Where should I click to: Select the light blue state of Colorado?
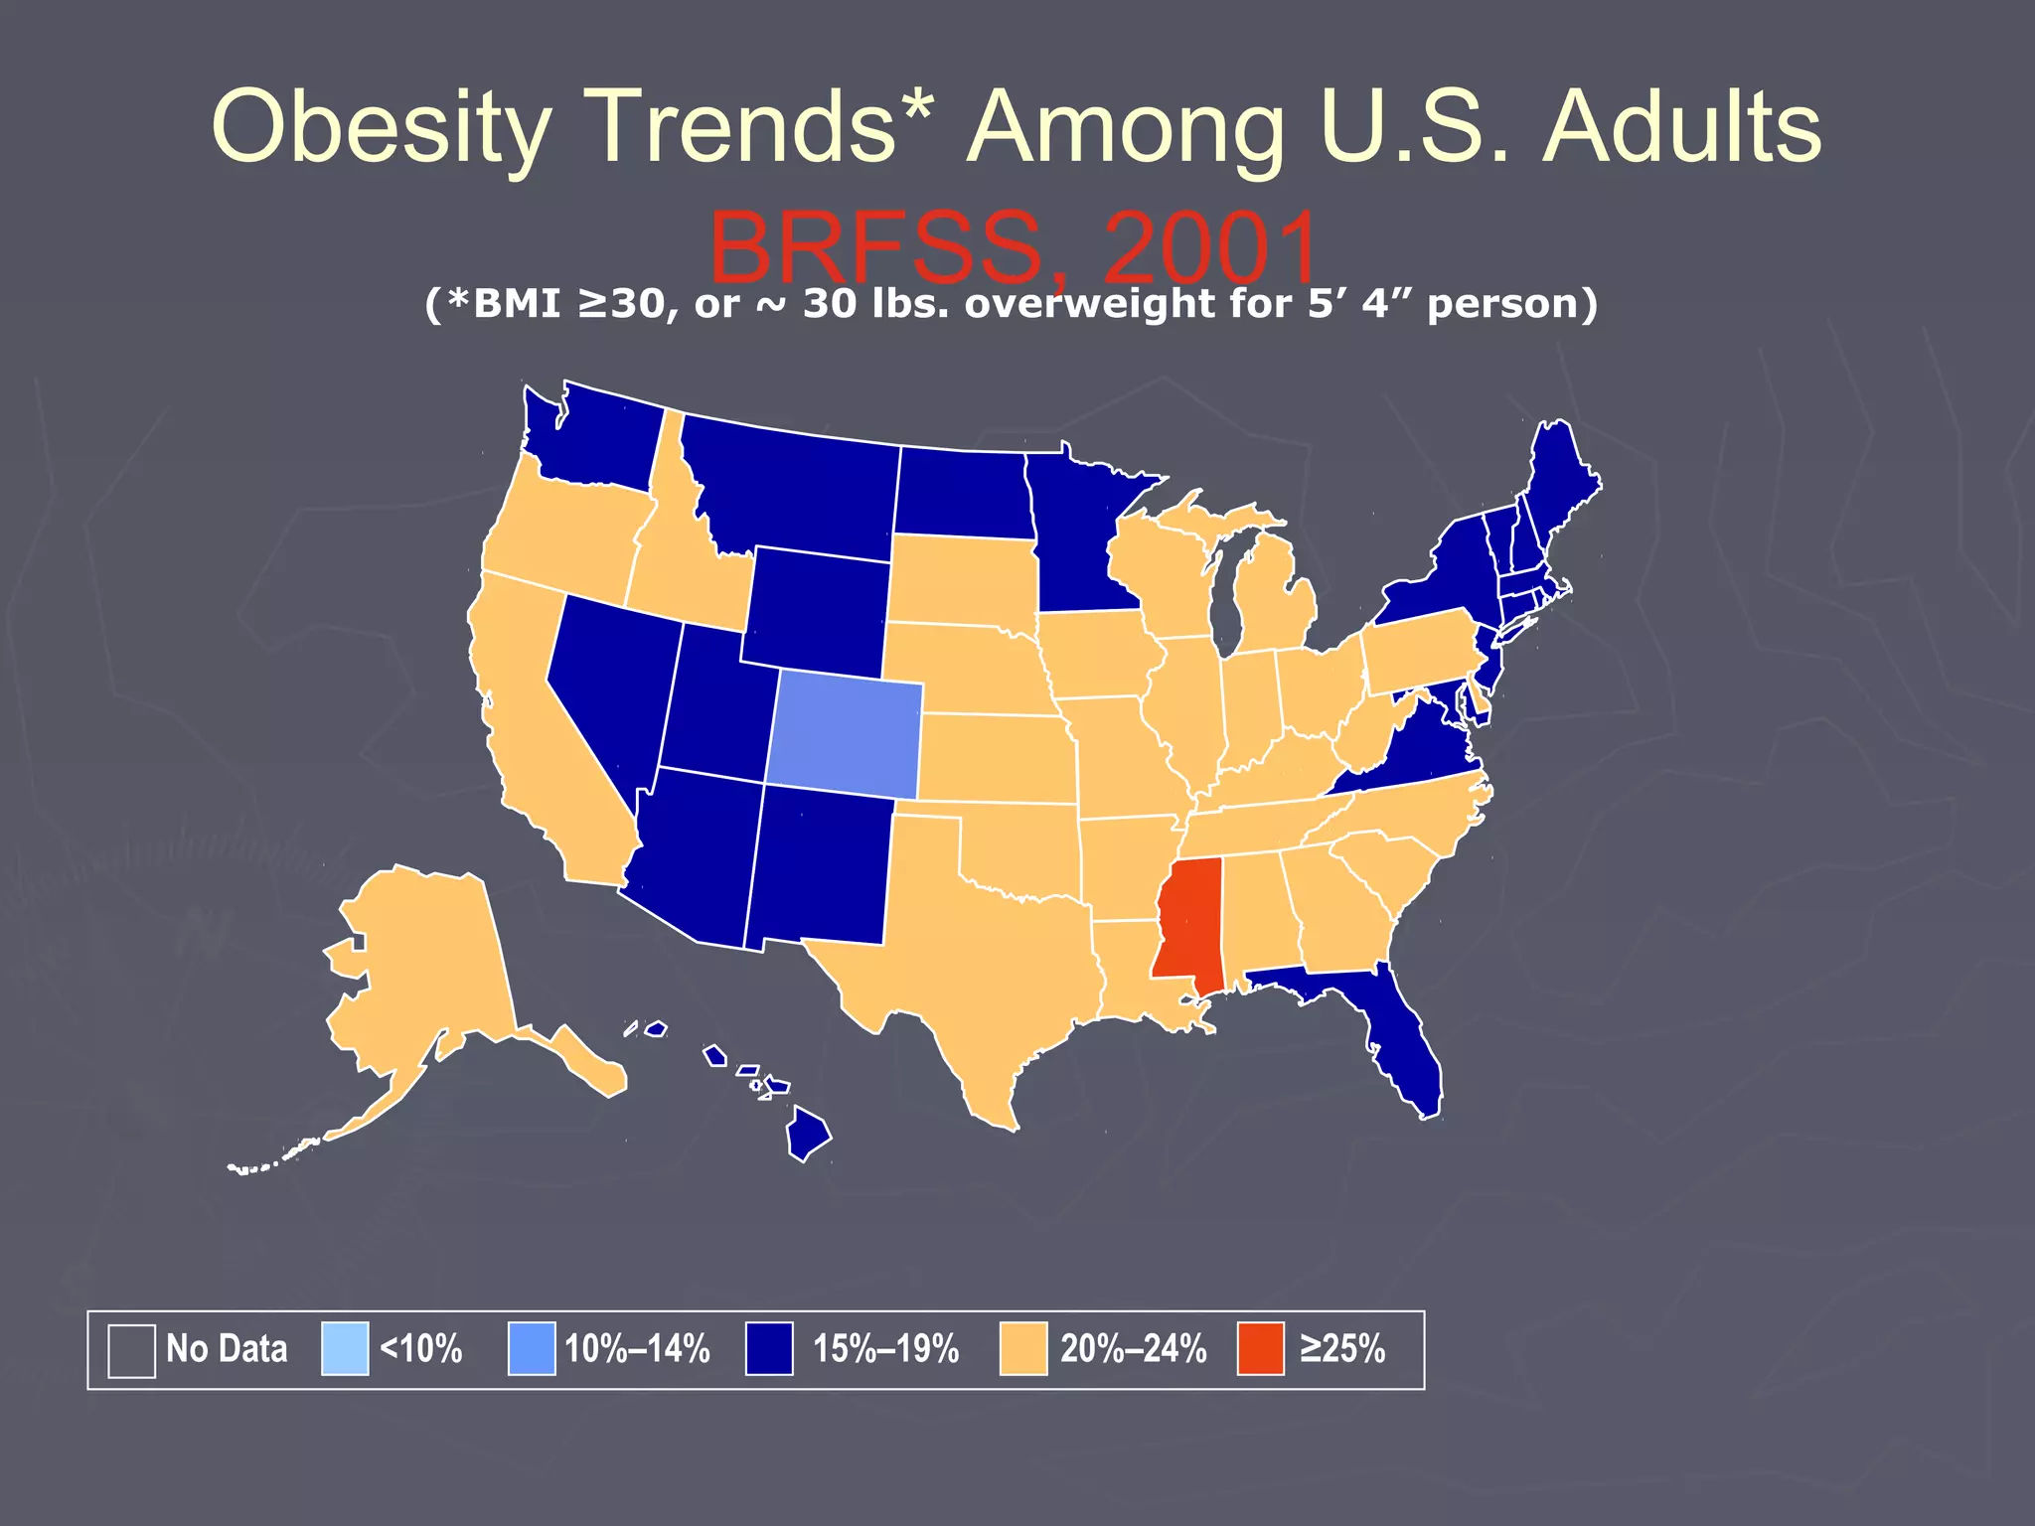point(845,735)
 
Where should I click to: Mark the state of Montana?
point(795,487)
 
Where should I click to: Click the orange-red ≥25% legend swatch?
point(1260,1349)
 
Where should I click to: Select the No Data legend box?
point(131,1350)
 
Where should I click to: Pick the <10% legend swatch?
point(345,1349)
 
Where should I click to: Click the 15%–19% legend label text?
point(885,1349)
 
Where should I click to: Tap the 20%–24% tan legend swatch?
point(1023,1349)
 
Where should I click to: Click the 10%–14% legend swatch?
point(532,1349)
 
